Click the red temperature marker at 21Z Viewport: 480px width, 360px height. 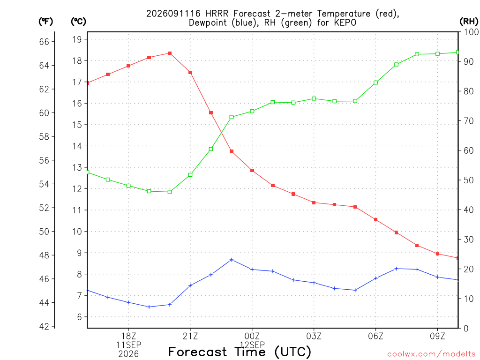[190, 73]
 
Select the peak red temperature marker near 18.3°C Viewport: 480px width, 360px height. [170, 53]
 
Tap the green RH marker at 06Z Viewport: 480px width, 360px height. [375, 82]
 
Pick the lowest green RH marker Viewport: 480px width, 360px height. [170, 192]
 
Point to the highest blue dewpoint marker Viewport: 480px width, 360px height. [232, 260]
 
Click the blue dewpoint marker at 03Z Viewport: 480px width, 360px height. [314, 283]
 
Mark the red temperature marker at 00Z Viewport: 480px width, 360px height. [252, 171]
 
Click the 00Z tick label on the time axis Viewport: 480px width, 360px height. [252, 336]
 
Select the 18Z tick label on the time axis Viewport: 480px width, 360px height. [128, 336]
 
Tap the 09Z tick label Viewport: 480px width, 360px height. [437, 336]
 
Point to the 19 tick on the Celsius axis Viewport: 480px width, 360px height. [77, 39]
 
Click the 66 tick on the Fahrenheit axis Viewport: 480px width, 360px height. [45, 42]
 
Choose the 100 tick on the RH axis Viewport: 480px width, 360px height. [471, 32]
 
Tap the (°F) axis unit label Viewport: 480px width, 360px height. [45, 22]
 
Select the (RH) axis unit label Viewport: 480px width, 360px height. [469, 22]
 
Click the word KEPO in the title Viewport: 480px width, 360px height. [345, 23]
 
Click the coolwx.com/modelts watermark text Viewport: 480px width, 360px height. [431, 354]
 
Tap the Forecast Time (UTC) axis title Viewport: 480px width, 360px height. [240, 352]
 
